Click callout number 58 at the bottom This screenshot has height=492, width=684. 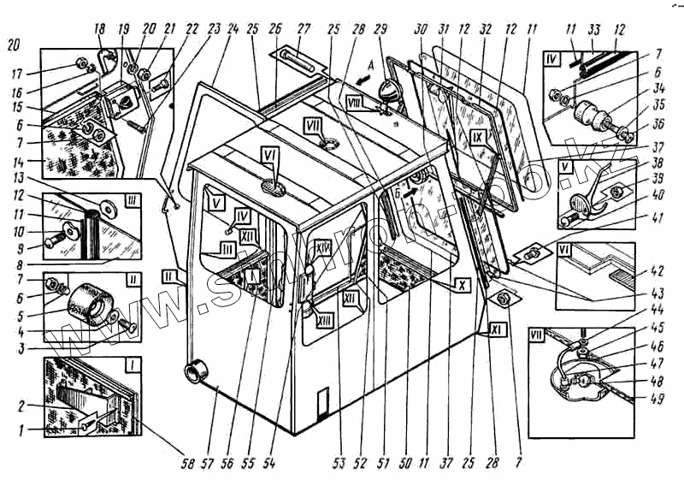(186, 464)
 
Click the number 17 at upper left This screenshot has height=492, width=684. (15, 72)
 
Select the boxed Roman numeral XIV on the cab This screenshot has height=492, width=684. (322, 248)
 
